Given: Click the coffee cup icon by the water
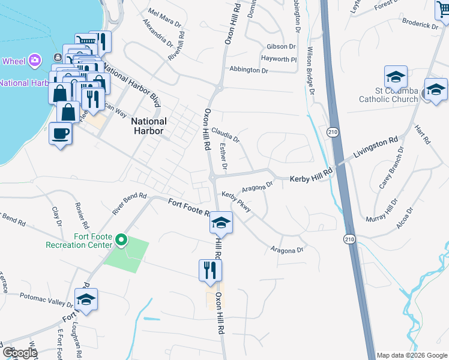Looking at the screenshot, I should coord(60,133).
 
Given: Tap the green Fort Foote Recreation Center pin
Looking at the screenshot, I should coord(121,241).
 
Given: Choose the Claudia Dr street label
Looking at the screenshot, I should coord(226,133).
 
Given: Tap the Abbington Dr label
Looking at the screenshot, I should coord(249,70).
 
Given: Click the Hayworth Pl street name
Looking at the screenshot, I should coord(279,59).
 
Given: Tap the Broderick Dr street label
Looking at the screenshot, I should coord(420,25).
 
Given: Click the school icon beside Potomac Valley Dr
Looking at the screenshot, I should coord(86,299).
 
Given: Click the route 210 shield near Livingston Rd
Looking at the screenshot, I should coord(332,131).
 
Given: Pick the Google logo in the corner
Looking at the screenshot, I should coord(19,353).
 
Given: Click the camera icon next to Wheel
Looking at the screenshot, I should coord(35,59).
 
